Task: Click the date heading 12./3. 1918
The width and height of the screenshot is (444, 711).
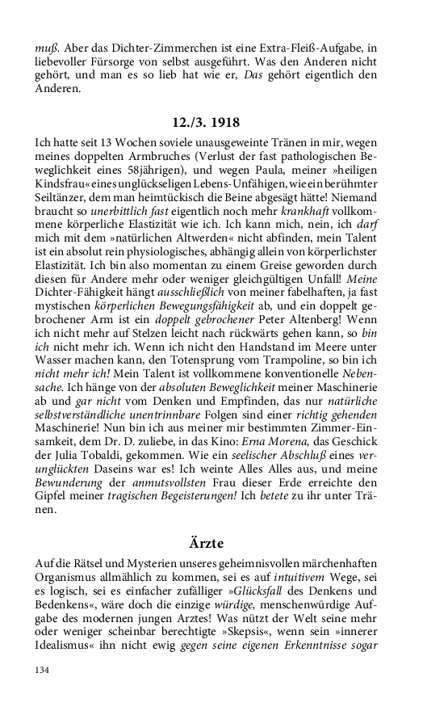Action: pos(221,124)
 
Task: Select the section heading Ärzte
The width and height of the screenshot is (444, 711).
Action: pos(221,543)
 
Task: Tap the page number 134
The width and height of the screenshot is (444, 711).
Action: pos(43,669)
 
